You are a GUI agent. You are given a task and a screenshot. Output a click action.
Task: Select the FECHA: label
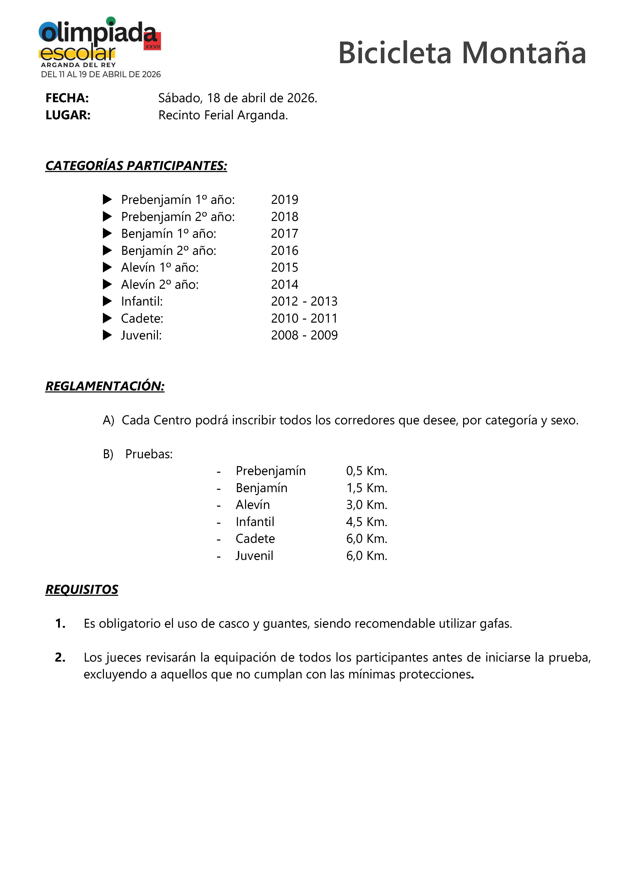(67, 98)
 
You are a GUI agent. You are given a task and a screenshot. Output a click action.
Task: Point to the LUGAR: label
(68, 115)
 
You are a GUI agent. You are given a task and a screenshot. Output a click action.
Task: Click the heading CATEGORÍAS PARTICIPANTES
(136, 166)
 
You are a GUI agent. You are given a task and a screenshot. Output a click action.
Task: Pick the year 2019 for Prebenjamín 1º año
(285, 200)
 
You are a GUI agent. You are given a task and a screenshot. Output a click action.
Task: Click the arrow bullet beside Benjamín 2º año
(107, 250)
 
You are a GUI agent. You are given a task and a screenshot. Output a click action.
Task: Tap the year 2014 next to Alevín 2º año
(285, 285)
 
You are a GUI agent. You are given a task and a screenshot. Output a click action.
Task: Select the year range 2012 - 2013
(304, 301)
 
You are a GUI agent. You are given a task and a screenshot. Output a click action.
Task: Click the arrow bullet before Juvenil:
(107, 335)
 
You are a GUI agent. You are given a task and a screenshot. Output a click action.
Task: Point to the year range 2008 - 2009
(304, 335)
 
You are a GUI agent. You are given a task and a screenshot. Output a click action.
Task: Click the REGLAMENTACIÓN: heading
(105, 386)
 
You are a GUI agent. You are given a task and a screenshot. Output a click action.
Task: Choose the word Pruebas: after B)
(149, 454)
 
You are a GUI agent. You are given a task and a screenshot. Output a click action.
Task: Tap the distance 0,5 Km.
(367, 471)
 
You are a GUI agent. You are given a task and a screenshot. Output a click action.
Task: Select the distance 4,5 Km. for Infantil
(367, 522)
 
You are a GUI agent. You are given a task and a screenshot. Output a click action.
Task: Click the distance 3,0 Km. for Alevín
(367, 505)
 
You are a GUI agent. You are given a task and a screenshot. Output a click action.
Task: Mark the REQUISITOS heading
(82, 589)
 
